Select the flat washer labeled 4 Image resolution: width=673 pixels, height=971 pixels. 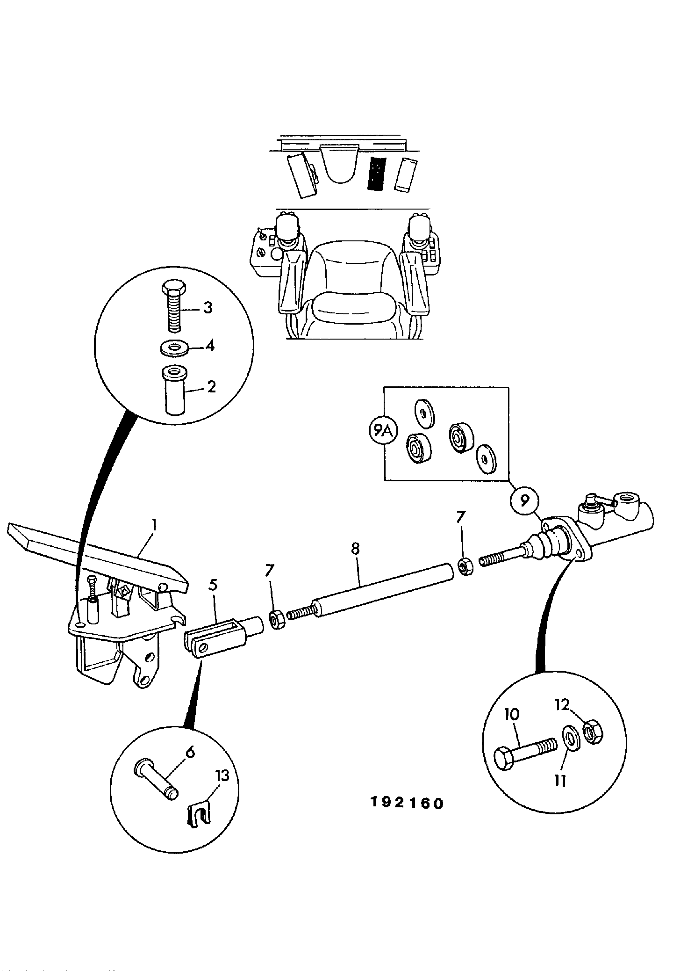click(174, 348)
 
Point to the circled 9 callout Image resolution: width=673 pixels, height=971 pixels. click(524, 501)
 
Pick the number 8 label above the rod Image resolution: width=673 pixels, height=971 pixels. click(355, 548)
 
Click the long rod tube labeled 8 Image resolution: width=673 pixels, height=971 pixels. click(383, 592)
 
